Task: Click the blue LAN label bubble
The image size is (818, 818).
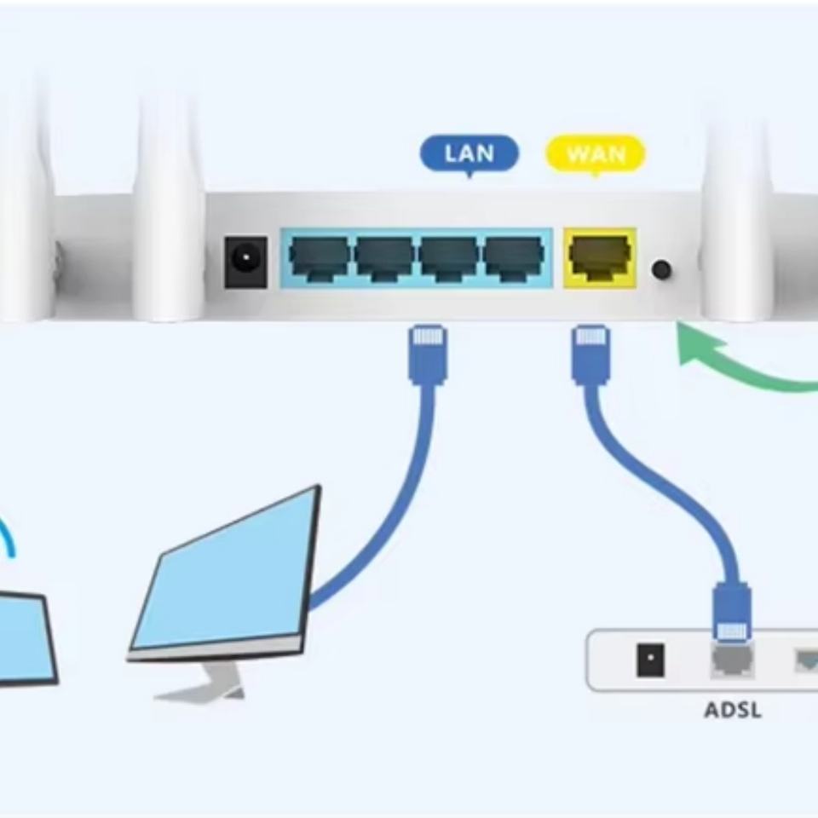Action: pyautogui.click(x=469, y=154)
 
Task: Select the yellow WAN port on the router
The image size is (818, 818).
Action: pyautogui.click(x=600, y=257)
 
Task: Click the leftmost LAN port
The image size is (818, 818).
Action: pyautogui.click(x=320, y=257)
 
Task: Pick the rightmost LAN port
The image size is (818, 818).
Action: pyautogui.click(x=514, y=257)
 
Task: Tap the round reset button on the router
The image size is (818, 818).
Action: pyautogui.click(x=661, y=270)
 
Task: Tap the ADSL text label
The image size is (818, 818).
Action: pyautogui.click(x=733, y=710)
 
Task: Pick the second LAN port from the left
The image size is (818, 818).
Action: pyautogui.click(x=384, y=257)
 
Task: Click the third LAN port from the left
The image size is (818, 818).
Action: pyautogui.click(x=449, y=257)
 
